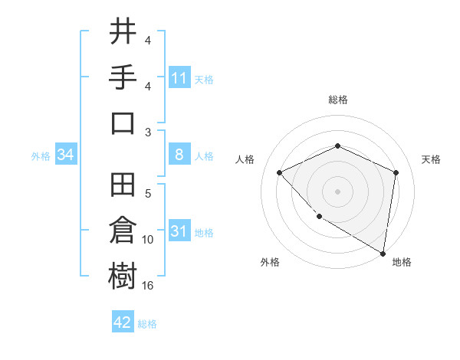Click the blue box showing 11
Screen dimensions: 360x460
point(179,77)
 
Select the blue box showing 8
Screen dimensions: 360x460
point(179,155)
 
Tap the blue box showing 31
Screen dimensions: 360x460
point(179,231)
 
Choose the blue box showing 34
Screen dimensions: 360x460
point(66,155)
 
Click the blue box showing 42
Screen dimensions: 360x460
point(123,322)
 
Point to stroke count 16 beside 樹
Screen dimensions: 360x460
point(148,286)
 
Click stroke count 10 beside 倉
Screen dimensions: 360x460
point(148,240)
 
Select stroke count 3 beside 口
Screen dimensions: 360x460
point(148,133)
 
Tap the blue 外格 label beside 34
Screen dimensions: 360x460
point(41,155)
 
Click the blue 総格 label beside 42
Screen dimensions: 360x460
point(147,324)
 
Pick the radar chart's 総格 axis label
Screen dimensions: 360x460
point(337,100)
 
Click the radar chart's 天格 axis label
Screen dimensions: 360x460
point(431,159)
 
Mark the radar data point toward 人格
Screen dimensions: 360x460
point(280,172)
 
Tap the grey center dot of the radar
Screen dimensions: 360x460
point(337,191)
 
